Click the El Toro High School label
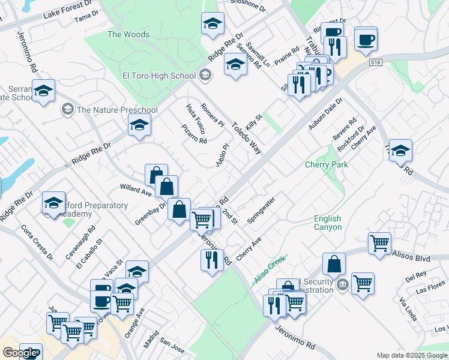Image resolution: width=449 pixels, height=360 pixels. [159, 76]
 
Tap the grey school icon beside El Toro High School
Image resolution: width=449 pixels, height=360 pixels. [205, 75]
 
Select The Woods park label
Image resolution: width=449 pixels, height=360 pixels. [128, 34]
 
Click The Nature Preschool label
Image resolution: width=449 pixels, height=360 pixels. [117, 110]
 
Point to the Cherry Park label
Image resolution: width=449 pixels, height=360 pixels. [327, 164]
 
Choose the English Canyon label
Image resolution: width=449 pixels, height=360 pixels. [328, 223]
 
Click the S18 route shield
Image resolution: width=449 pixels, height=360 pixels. [376, 62]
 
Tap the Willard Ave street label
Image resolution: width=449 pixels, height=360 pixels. [136, 190]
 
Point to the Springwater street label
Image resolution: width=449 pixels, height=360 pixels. [261, 209]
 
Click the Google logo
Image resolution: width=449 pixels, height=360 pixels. [19, 353]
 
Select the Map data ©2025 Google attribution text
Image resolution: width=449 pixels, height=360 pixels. [412, 355]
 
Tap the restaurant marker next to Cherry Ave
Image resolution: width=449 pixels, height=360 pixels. [211, 260]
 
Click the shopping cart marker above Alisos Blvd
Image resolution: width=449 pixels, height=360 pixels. [379, 244]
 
